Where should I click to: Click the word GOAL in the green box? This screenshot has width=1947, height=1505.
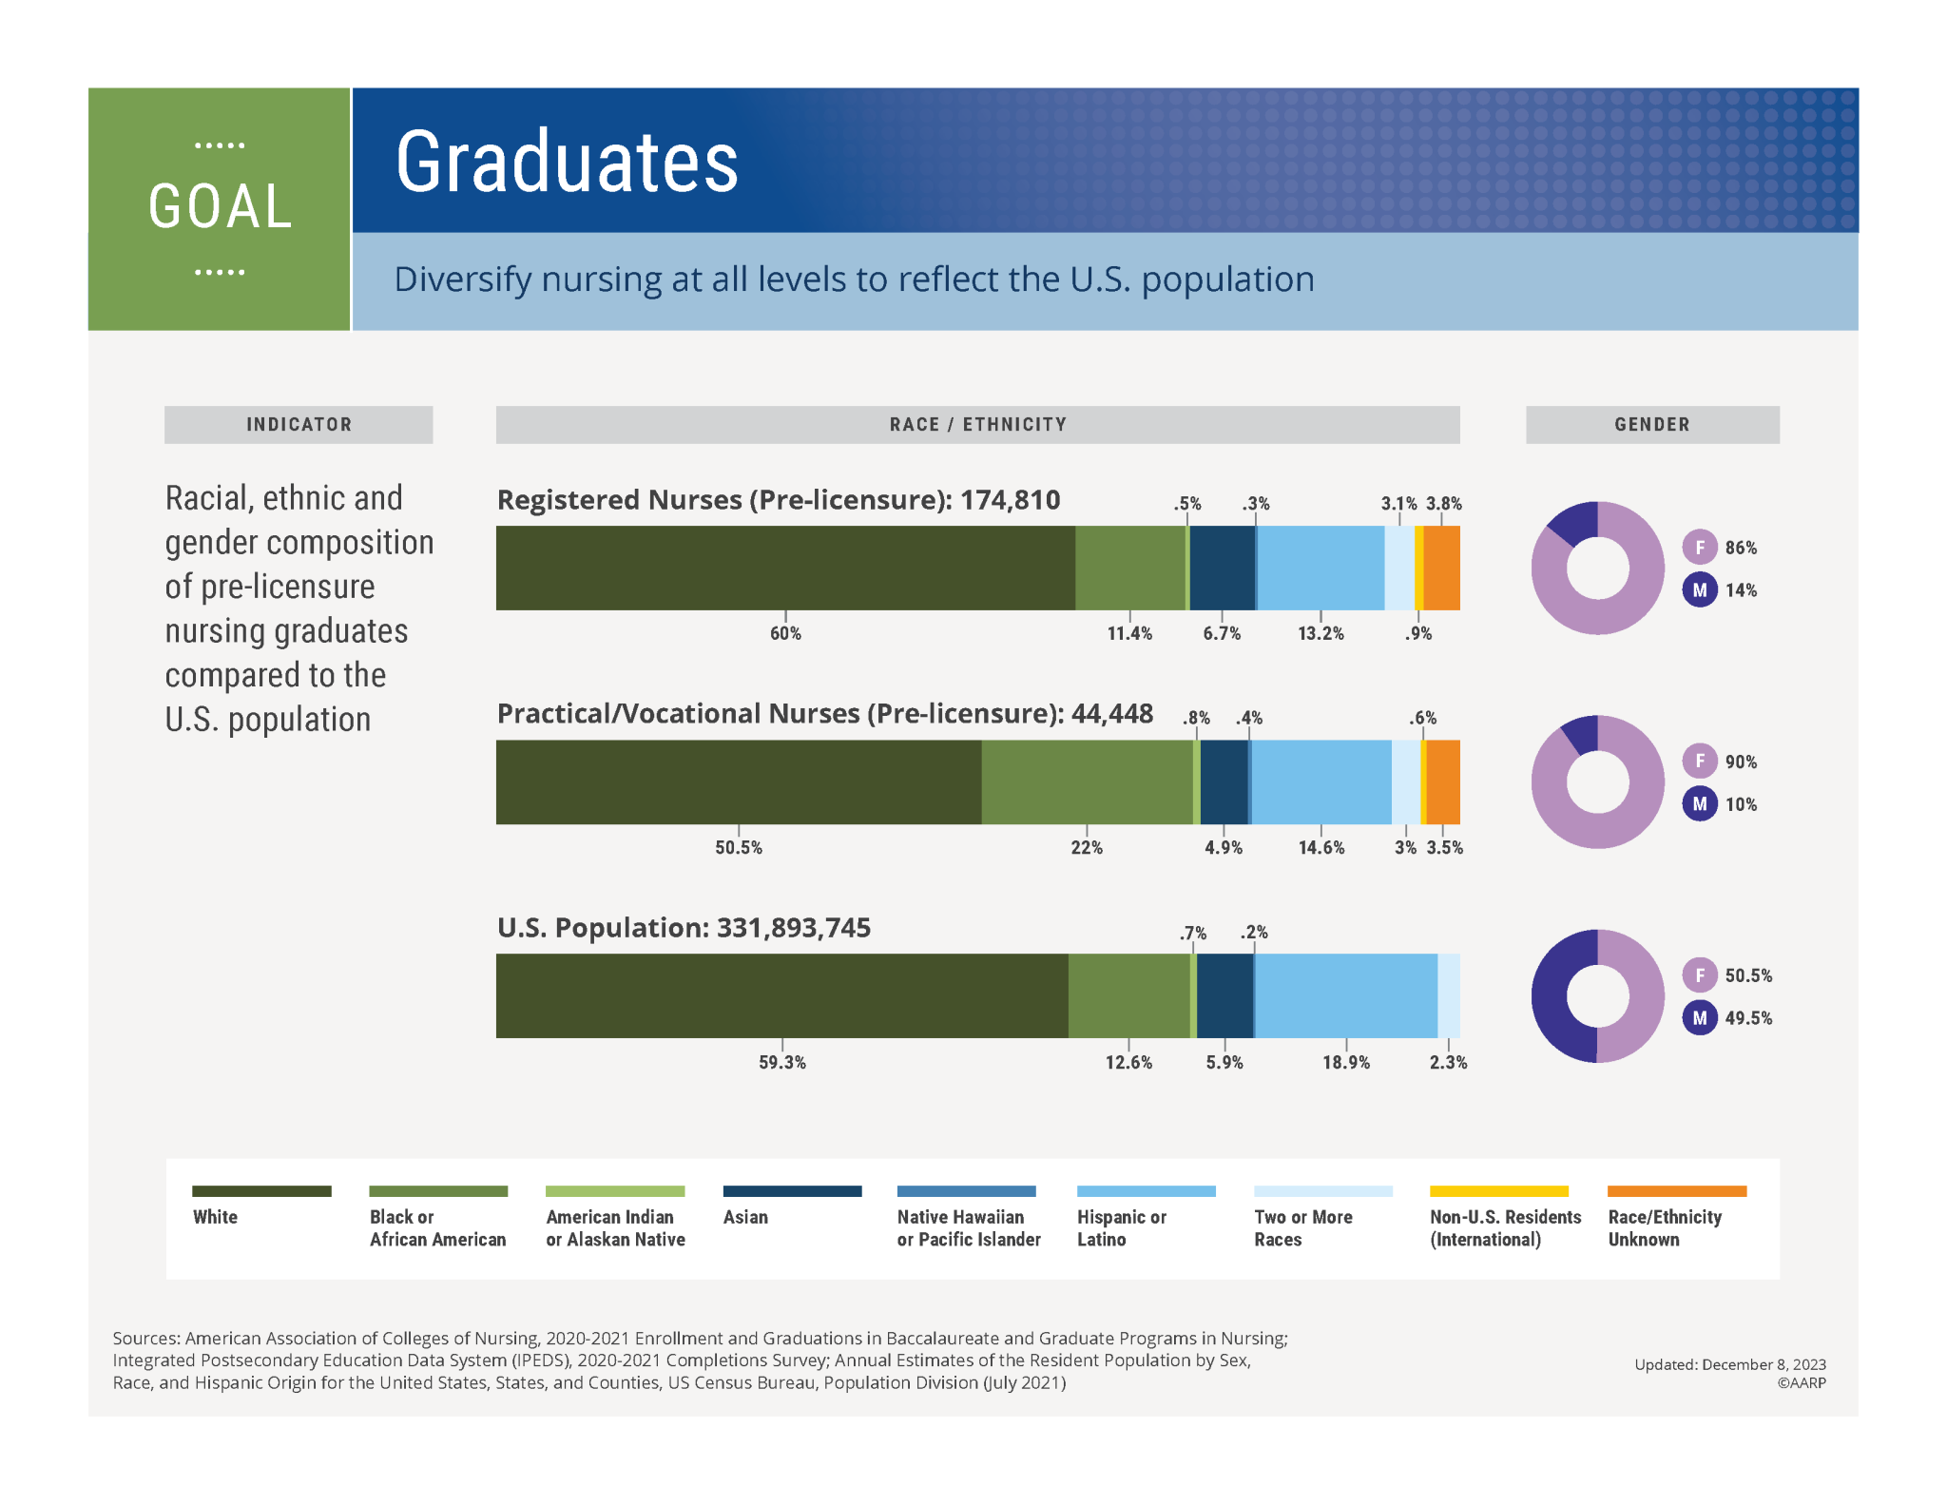click(x=220, y=206)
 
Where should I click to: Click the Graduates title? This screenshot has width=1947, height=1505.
click(x=567, y=163)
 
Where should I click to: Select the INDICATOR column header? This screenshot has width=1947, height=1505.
click(x=299, y=425)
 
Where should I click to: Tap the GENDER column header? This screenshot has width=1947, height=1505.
click(x=1651, y=425)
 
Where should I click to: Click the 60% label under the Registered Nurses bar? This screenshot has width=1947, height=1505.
click(x=785, y=633)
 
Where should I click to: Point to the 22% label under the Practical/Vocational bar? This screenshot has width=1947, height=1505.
click(x=1087, y=847)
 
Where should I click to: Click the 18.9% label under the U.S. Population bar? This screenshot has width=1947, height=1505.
click(x=1346, y=1062)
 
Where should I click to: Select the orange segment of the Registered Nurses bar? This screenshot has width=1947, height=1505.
click(x=1442, y=568)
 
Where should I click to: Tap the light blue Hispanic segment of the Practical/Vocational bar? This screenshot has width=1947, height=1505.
click(x=1321, y=781)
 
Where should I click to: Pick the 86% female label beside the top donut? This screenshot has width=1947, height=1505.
click(x=1741, y=548)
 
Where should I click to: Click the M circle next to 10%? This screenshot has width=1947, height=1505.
click(x=1700, y=804)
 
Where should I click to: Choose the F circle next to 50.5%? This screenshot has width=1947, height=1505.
click(x=1700, y=974)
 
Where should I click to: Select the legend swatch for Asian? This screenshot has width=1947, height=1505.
click(x=792, y=1191)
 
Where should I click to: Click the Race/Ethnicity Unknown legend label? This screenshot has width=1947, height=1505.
click(x=1664, y=1228)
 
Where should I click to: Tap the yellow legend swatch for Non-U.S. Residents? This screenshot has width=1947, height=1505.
click(x=1498, y=1191)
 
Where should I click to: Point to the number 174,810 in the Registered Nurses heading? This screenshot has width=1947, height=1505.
click(x=1010, y=500)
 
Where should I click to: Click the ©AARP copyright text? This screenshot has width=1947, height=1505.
click(x=1802, y=1383)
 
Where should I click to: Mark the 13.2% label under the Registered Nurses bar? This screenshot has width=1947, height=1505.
click(x=1320, y=633)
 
